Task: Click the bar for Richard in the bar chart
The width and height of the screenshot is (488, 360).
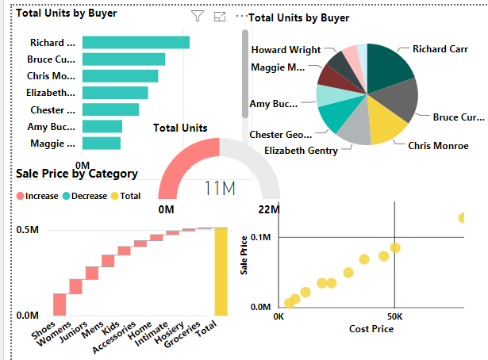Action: click(135, 43)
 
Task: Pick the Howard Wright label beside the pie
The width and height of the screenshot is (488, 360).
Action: click(285, 50)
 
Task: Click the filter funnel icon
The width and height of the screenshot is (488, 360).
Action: click(198, 17)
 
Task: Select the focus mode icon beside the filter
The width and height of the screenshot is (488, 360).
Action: click(220, 17)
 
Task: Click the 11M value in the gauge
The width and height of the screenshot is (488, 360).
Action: click(219, 189)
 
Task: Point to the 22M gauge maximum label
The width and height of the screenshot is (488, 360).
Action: click(269, 209)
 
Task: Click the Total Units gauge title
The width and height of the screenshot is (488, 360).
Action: click(180, 128)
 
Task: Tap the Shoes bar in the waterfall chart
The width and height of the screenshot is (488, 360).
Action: click(60, 304)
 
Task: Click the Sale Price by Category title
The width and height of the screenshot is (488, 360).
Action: click(77, 174)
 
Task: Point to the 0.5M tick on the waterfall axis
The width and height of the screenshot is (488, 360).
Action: click(28, 229)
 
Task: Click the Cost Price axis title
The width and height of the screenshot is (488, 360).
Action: click(372, 328)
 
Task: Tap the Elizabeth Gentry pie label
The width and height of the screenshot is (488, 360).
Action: click(301, 150)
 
